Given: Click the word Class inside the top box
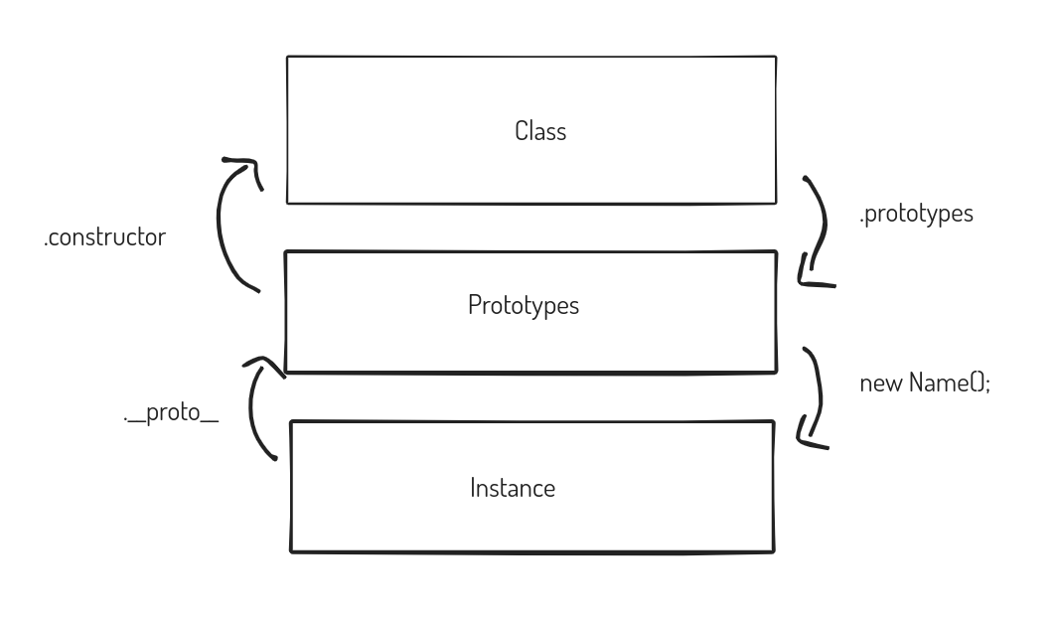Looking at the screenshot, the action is [540, 131].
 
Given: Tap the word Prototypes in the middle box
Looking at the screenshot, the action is [524, 305].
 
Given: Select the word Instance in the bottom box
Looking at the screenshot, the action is [513, 488].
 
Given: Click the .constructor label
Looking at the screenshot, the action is [104, 237].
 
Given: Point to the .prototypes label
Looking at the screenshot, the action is [916, 214].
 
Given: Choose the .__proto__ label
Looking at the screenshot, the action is [171, 411].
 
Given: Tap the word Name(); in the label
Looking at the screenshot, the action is [950, 383].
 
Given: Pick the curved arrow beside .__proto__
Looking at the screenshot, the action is [251, 404].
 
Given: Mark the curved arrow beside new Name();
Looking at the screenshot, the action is [820, 396].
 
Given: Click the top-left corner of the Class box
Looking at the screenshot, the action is [287, 58].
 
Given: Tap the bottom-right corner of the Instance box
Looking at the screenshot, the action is [774, 552].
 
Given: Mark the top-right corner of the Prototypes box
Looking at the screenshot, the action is [777, 252].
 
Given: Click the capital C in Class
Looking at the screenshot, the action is [521, 131].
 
